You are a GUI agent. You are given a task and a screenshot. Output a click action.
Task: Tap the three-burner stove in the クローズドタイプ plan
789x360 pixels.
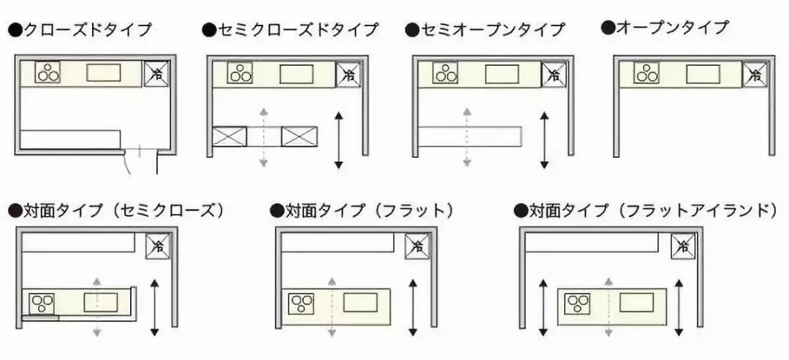pos(48,72)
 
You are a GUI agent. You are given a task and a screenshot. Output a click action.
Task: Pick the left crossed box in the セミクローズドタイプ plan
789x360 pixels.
pos(229,136)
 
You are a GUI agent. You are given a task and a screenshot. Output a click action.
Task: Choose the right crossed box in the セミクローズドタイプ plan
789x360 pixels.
pos(300,136)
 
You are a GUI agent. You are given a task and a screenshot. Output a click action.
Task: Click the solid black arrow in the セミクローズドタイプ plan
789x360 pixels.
pos(338,139)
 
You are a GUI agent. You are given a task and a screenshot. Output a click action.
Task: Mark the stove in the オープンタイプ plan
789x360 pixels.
pos(646,73)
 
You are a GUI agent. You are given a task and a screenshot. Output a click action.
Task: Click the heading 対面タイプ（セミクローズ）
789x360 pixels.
pos(116,211)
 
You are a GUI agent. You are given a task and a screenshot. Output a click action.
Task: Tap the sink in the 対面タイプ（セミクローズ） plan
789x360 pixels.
pos(101,302)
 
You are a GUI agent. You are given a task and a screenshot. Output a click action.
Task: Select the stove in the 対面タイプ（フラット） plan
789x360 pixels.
pos(300,303)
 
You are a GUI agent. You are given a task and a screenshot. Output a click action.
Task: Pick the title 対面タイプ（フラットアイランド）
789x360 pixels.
pos(644,211)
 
